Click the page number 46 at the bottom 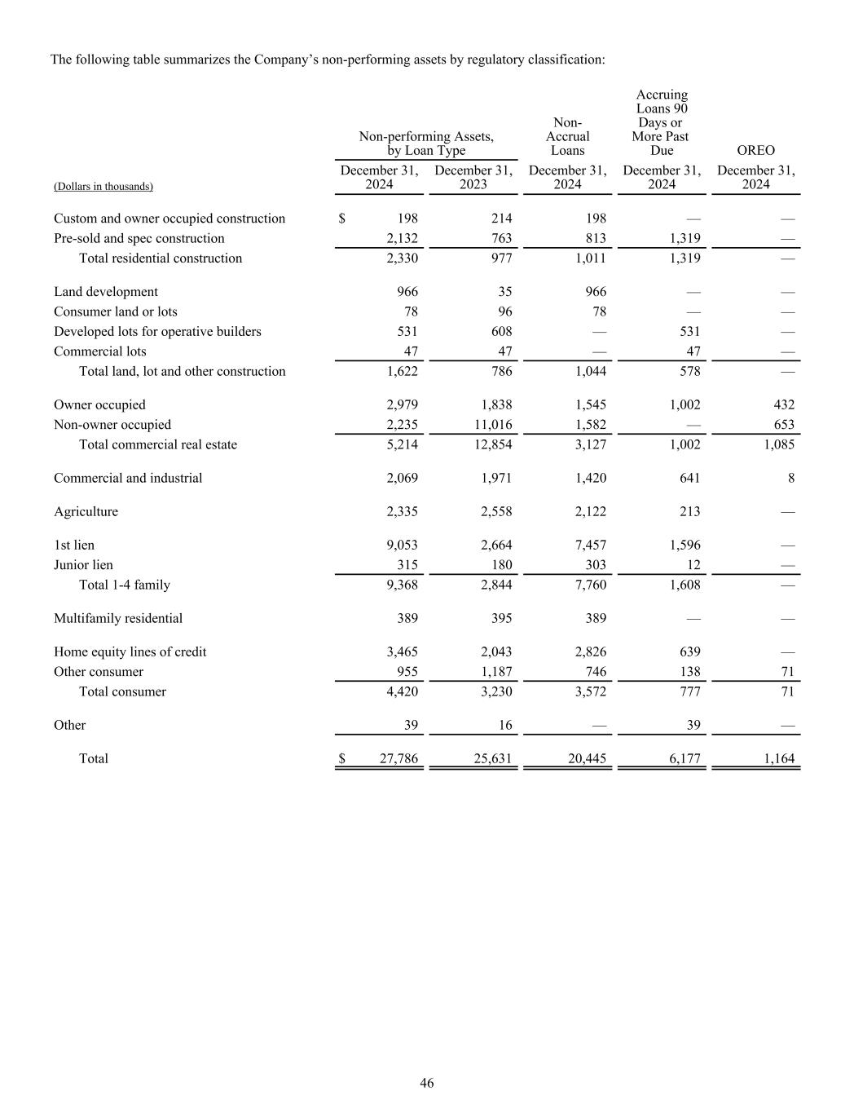pos(427,1083)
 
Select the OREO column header pos(755,151)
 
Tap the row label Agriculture pos(86,512)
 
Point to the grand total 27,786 pos(398,759)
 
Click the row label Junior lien pos(83,565)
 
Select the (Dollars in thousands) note pos(103,187)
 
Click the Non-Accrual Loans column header pos(567,137)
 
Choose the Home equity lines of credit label pos(130,652)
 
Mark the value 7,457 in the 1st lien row pos(590,545)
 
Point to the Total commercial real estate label pos(158,445)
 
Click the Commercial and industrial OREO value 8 pos(790,479)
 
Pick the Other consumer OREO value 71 pos(786,672)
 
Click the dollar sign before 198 pos(342,219)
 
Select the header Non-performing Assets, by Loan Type pos(426,144)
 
